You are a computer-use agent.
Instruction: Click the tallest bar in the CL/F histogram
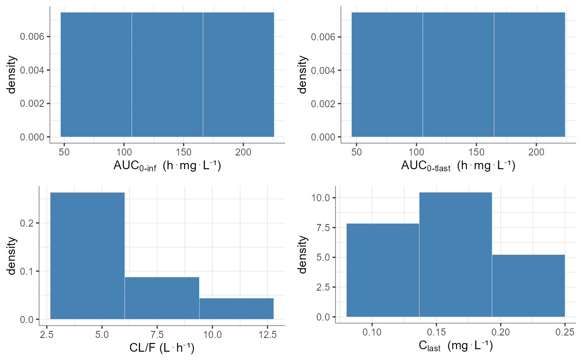tap(87, 256)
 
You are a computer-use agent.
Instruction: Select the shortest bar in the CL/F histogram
tap(236, 308)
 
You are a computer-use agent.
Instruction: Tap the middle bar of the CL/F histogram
tap(162, 298)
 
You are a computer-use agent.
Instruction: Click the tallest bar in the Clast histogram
tap(455, 254)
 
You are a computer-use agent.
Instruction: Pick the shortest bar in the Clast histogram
tap(528, 286)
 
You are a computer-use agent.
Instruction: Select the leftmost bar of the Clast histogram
tap(382, 270)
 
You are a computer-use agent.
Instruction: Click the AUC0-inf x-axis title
tap(167, 165)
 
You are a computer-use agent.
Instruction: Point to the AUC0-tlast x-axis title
tap(458, 165)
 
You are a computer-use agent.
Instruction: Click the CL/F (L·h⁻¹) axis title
tap(162, 347)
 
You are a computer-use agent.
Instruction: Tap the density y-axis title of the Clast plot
tap(303, 255)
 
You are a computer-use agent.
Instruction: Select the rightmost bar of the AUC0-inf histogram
tap(238, 74)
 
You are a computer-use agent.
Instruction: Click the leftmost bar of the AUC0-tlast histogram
tap(387, 74)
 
